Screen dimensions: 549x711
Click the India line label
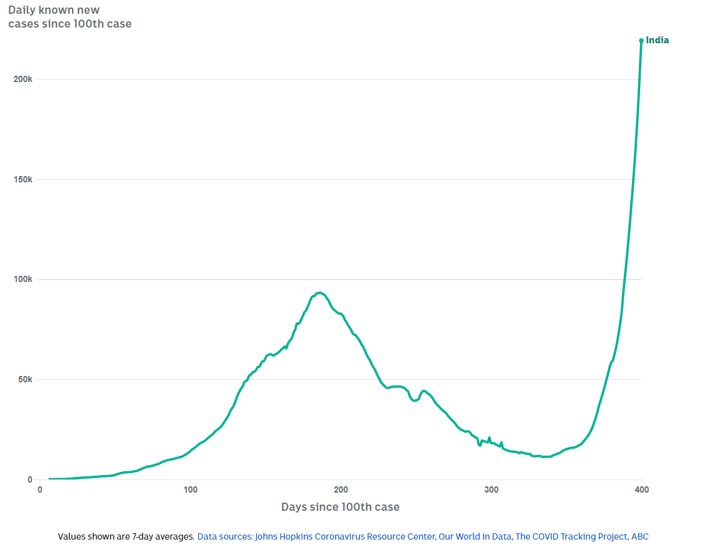click(657, 40)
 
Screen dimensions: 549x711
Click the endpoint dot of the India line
click(641, 41)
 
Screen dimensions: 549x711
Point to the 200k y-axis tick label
click(23, 79)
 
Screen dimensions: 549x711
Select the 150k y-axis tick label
click(23, 179)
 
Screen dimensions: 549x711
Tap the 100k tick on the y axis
click(23, 279)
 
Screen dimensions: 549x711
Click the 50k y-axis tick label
click(25, 379)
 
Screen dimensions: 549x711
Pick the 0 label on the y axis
click(29, 479)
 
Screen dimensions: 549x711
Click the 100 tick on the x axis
click(190, 489)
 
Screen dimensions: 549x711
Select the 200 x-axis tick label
click(340, 489)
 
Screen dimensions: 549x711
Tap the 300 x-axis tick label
click(491, 489)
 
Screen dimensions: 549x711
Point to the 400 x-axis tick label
click(641, 489)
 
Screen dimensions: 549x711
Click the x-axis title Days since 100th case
click(340, 506)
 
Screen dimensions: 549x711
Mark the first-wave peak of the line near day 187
click(320, 293)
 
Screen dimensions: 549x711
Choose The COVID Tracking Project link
click(571, 536)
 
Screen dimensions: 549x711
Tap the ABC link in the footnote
click(640, 536)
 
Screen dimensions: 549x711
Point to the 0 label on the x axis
click(39, 489)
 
